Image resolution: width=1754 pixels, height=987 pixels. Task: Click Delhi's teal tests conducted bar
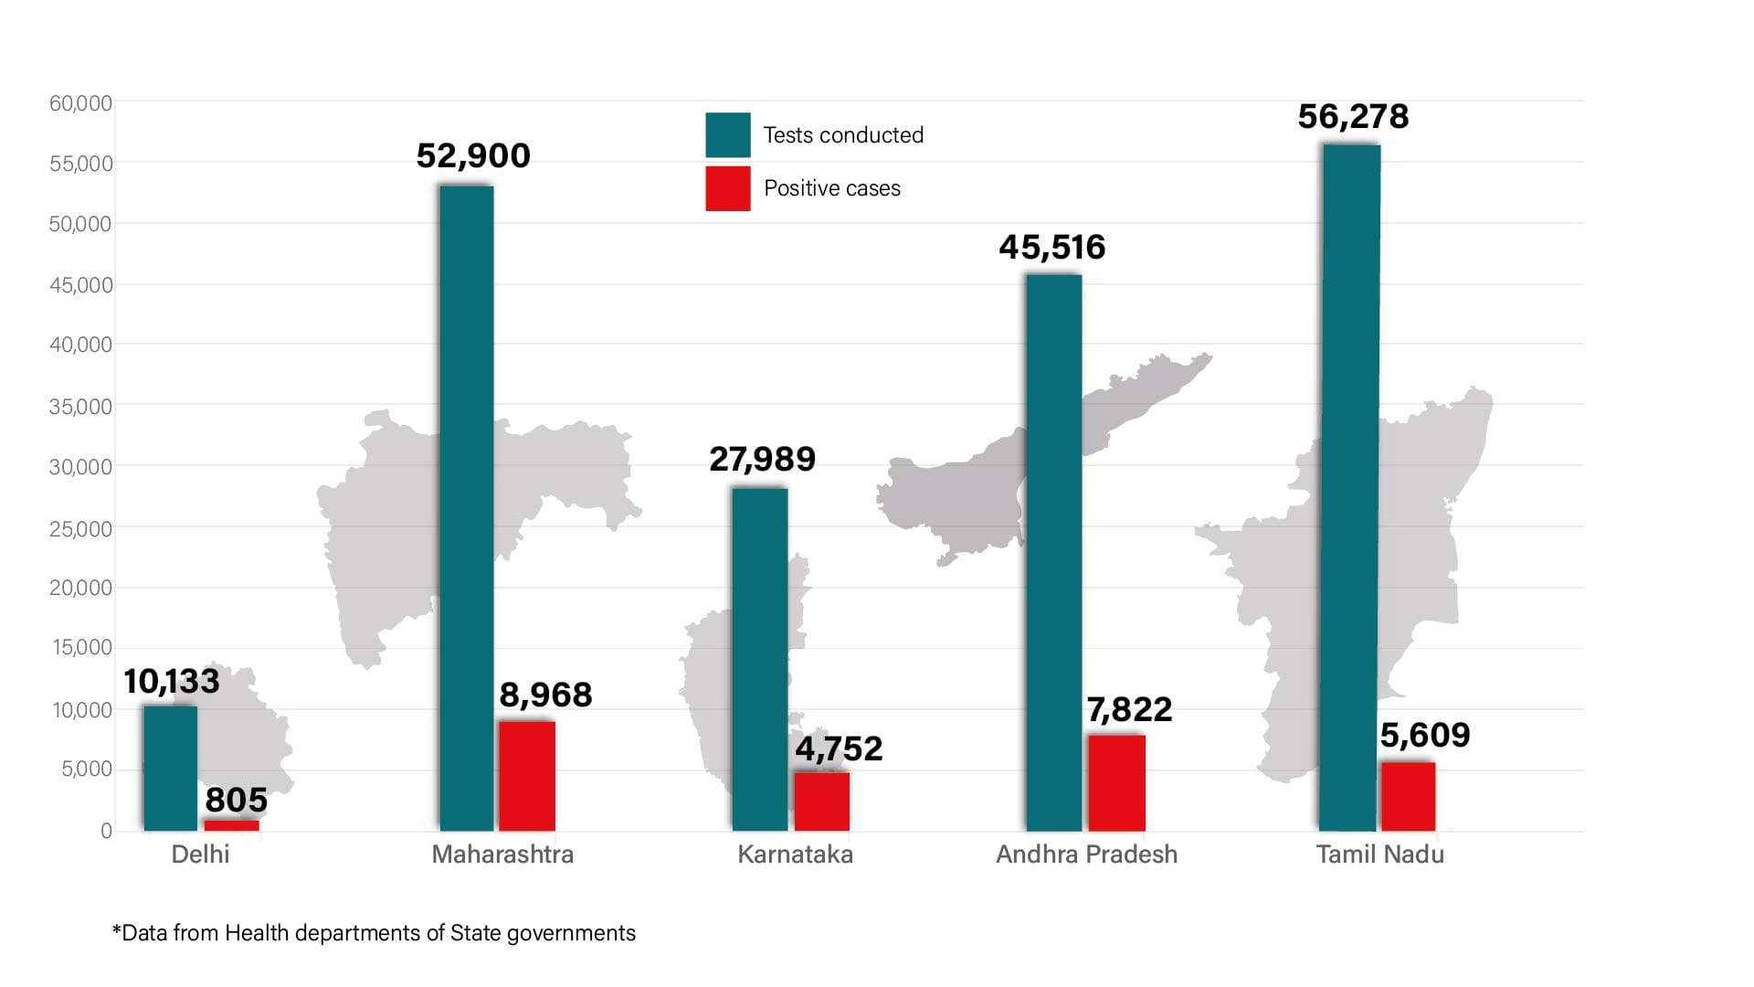pos(170,768)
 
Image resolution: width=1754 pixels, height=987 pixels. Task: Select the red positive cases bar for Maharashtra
pos(527,776)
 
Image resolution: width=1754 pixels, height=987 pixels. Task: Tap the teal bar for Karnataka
pos(759,659)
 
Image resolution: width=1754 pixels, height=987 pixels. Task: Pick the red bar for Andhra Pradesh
pos(1116,783)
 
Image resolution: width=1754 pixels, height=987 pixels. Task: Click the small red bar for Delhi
pos(231,825)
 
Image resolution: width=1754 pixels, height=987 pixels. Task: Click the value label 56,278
pos(1353,117)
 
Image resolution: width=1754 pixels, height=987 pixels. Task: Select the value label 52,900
pos(473,156)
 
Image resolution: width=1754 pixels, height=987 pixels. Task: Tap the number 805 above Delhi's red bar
pos(236,801)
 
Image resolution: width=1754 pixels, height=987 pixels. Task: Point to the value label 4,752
pos(839,749)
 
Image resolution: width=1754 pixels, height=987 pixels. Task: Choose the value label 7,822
pos(1129,710)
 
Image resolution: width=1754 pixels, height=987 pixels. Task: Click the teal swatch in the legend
pos(727,135)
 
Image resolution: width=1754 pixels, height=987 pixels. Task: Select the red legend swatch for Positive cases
pos(727,188)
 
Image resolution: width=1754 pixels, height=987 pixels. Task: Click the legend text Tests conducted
pos(843,135)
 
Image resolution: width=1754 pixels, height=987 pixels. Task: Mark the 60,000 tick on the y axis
pos(80,104)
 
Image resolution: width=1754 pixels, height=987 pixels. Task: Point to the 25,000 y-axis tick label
pos(80,529)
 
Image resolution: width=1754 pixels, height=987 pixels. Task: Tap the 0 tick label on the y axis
pos(106,831)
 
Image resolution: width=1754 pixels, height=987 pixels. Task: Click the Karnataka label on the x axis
pos(795,854)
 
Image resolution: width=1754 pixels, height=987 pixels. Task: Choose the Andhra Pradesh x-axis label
pos(1086,854)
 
